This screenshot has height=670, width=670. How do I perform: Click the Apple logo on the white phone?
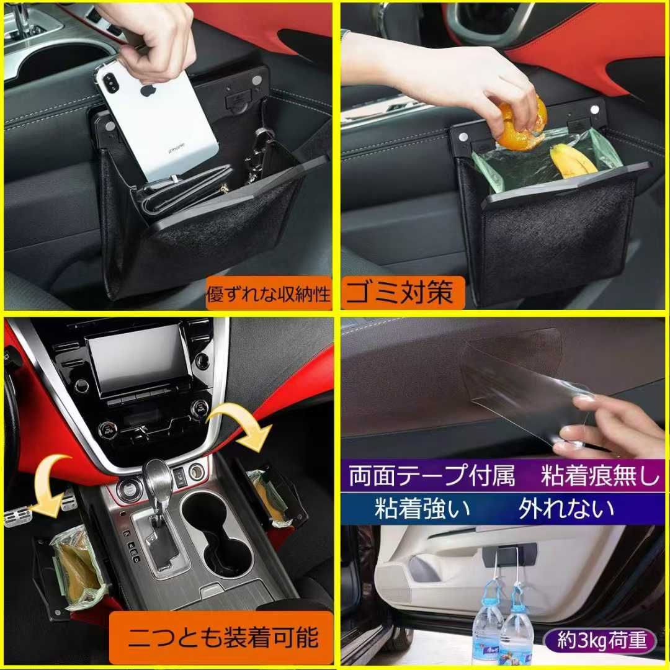[x=146, y=91]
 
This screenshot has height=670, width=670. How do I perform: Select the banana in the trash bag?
[x=573, y=161]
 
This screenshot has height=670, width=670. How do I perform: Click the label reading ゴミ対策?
[x=399, y=292]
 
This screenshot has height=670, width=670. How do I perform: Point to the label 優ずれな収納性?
[x=269, y=295]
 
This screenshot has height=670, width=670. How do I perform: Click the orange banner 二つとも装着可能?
[x=221, y=638]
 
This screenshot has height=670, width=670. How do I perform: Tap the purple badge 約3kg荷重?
[x=601, y=640]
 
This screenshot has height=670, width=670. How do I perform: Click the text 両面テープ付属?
[x=432, y=476]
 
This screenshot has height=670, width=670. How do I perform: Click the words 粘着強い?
[x=422, y=508]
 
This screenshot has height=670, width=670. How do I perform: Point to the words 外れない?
[x=566, y=508]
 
